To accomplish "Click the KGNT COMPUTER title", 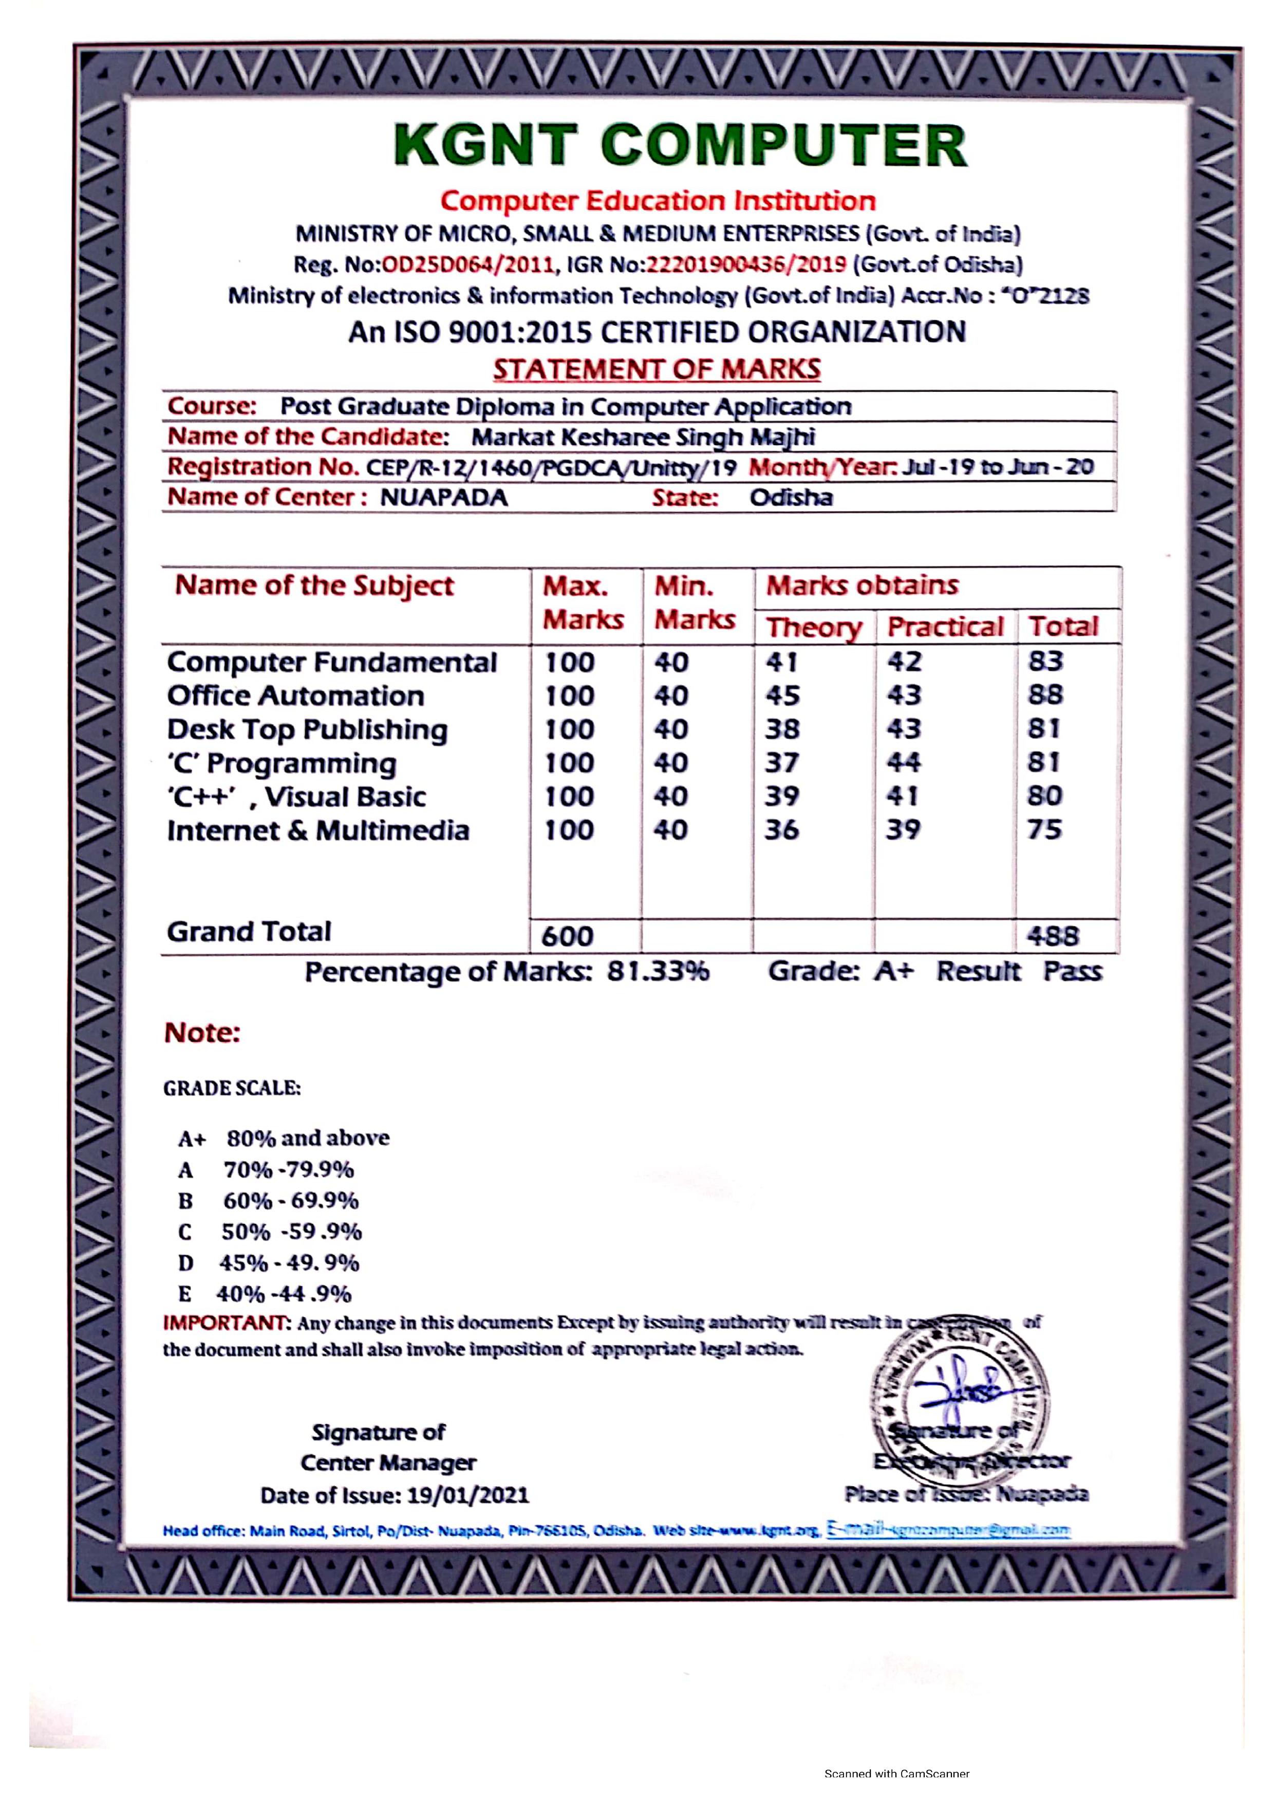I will (680, 146).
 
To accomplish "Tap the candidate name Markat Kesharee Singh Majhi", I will (643, 437).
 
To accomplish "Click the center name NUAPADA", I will (444, 498).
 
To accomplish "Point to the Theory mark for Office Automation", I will (782, 695).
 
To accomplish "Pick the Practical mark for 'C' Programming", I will (904, 762).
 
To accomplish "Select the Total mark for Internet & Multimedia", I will (1045, 829).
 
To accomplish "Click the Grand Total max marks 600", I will (568, 936).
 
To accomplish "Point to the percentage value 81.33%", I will (658, 972).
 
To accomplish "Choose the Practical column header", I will (945, 627).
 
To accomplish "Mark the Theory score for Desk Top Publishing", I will (782, 729).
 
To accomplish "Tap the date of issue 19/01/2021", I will (468, 1495).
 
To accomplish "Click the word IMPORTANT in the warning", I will (226, 1322).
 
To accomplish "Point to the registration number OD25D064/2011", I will (468, 264).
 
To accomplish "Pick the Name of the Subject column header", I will (314, 585).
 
